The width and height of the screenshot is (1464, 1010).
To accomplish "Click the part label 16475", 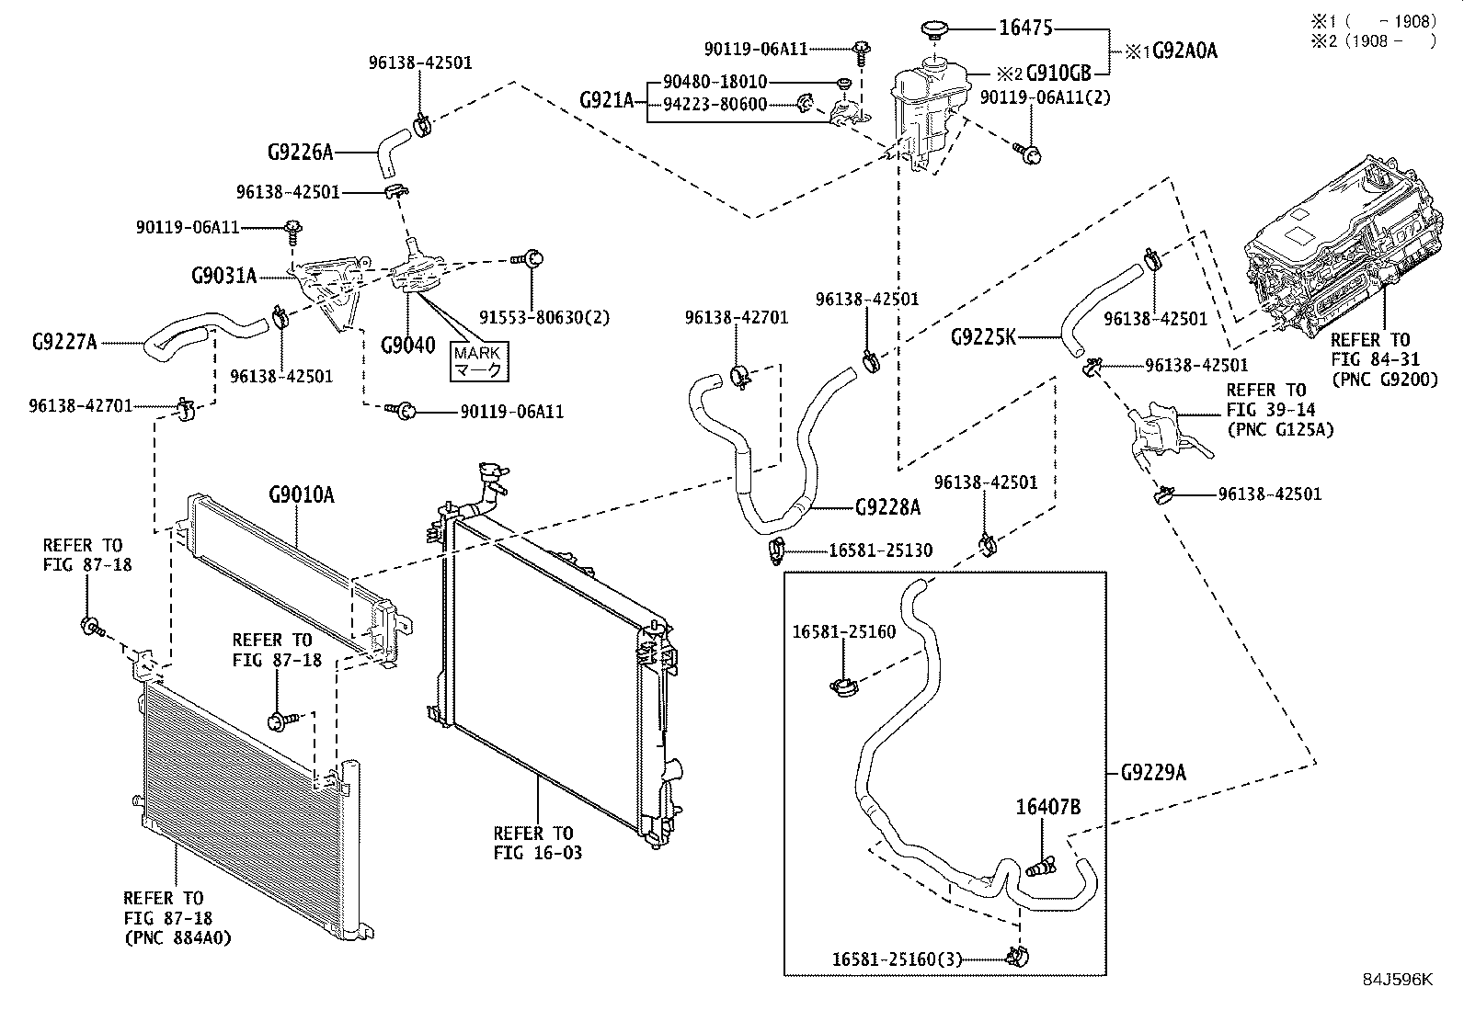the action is coord(1025,28).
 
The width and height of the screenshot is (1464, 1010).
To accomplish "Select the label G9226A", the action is coord(301,153).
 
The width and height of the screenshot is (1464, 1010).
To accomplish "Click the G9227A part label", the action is coord(64,342).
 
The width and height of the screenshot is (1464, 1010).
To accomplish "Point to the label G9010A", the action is coord(302,495).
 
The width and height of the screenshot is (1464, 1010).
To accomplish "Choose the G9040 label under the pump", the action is coord(407,345).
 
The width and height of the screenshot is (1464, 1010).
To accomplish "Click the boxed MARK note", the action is coord(479,361).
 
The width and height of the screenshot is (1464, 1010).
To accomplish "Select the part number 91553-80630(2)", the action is coord(544,317).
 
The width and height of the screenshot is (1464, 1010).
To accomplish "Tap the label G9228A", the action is coord(887,507).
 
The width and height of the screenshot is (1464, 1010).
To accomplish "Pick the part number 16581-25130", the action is coord(880,550).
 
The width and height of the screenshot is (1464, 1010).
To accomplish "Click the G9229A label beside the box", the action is coord(1153,773).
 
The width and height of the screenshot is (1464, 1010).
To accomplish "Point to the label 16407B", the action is coord(1048,808).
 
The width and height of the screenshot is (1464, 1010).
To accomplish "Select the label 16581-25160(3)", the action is coord(898,959).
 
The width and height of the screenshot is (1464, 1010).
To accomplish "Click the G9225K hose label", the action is coord(984,337).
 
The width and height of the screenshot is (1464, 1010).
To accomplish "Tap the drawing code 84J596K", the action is coord(1398,980).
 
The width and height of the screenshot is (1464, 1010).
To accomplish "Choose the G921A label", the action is coord(607,100).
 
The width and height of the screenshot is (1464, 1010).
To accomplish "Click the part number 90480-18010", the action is coord(715,82).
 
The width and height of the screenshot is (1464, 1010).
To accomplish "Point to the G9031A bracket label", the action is coord(224,276).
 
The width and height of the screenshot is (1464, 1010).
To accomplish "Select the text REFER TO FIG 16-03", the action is coord(537,843).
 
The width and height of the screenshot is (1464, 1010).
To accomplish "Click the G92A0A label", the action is coord(1185,51).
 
